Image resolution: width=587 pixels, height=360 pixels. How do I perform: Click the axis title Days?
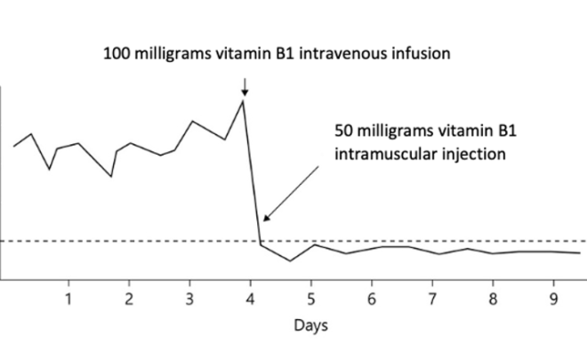310,325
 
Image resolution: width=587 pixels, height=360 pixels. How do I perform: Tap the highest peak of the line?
243,101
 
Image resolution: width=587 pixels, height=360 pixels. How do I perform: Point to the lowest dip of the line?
290,261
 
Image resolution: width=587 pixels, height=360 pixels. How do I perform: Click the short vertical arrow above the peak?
245,86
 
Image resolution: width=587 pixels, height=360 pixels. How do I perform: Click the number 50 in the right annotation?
344,131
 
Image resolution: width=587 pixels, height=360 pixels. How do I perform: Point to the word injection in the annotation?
472,153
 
